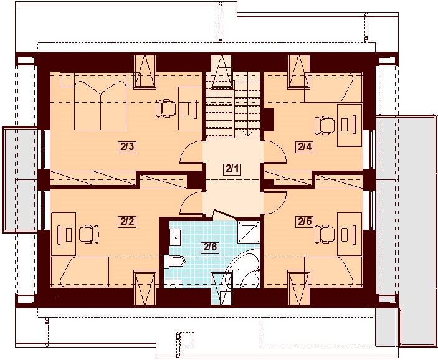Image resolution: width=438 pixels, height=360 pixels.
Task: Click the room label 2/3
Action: point(127,147)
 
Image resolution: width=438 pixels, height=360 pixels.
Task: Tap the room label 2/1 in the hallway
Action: point(232,169)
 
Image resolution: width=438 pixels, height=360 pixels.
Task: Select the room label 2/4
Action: point(304,146)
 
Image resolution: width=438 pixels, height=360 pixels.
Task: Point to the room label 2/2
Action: point(127,222)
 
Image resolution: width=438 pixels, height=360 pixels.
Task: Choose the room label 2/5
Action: point(304,222)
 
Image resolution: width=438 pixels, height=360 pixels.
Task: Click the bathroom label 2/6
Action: point(211,247)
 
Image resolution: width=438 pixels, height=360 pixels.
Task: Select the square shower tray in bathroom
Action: point(249,232)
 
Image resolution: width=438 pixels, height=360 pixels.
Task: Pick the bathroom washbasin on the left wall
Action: point(176,237)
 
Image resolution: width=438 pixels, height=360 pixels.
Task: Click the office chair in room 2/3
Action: point(165,108)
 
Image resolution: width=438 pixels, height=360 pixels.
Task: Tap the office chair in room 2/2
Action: point(89,234)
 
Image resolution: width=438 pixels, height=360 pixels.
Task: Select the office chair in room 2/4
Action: point(325,125)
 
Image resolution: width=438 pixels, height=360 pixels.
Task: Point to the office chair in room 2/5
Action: point(325,234)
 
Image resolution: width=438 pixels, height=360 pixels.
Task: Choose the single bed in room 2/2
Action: point(80,272)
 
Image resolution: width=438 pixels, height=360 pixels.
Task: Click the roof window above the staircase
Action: point(222,71)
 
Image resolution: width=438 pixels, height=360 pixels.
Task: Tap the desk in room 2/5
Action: point(350,234)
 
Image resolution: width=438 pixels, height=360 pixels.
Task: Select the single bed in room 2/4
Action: point(333,87)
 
